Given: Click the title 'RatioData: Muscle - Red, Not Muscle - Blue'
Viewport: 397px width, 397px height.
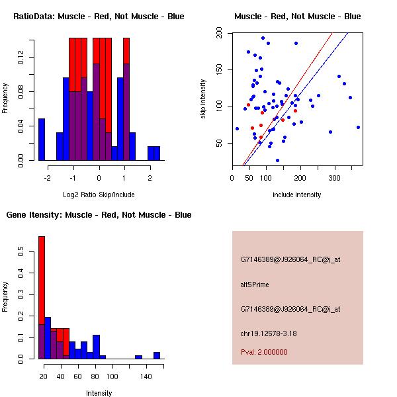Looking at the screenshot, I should click(x=99, y=17).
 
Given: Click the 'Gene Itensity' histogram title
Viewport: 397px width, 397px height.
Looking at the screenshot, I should click(x=99, y=215).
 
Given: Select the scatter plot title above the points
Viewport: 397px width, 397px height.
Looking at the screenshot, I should click(x=298, y=17).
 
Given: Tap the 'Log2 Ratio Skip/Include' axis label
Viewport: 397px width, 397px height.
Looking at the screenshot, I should click(x=99, y=195).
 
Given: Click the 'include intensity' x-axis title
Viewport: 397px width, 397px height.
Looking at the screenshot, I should click(x=297, y=195).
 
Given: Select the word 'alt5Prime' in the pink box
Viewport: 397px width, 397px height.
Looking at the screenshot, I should click(x=255, y=283).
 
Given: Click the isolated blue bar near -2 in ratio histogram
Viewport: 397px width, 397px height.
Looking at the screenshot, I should click(x=42, y=140).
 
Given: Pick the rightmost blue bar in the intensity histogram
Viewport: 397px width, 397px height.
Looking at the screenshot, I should click(x=157, y=355).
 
